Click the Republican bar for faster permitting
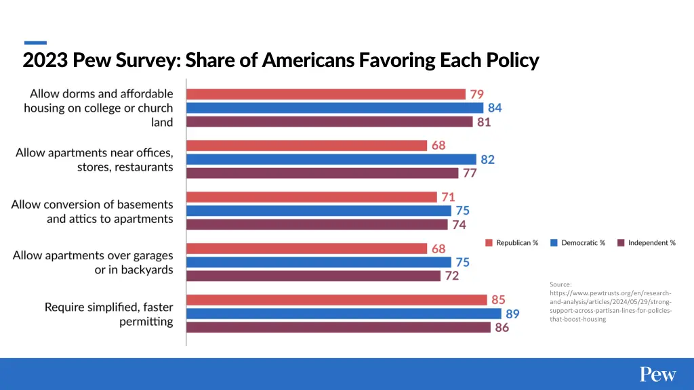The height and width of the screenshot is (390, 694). pyautogui.click(x=337, y=299)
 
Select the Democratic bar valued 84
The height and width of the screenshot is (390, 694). pyautogui.click(x=335, y=108)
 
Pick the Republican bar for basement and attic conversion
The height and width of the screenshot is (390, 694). pyautogui.click(x=312, y=197)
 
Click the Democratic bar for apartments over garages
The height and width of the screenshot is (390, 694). pyautogui.click(x=319, y=262)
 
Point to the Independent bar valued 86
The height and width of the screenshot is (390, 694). pyautogui.click(x=338, y=327)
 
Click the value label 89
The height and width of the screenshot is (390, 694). pyautogui.click(x=513, y=313)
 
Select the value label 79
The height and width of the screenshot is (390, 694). pyautogui.click(x=477, y=94)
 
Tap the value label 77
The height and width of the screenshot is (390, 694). pyautogui.click(x=470, y=173)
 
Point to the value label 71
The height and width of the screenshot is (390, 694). pyautogui.click(x=447, y=197)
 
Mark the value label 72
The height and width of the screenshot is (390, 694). pyautogui.click(x=451, y=276)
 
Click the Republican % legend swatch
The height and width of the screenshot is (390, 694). pyautogui.click(x=489, y=242)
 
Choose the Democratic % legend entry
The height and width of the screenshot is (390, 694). pyautogui.click(x=577, y=242)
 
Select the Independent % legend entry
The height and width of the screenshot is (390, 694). pyautogui.click(x=646, y=242)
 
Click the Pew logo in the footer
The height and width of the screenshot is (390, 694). pyautogui.click(x=657, y=374)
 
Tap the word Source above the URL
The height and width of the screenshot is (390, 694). pyautogui.click(x=560, y=284)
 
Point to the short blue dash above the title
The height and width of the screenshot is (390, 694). pyautogui.click(x=35, y=43)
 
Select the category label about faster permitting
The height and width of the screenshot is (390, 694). pyautogui.click(x=108, y=314)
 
